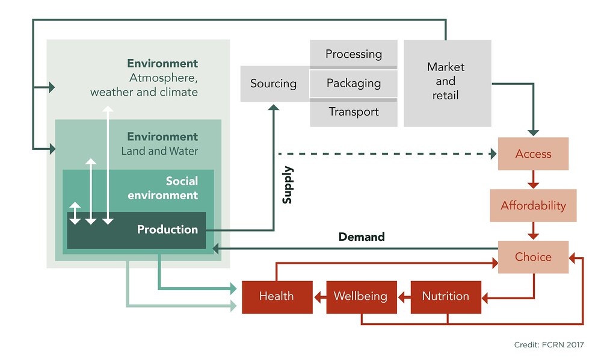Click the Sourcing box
point(274,84)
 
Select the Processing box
point(354,54)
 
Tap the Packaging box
point(354,83)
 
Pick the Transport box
point(354,112)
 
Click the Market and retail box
point(446,81)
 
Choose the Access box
point(533,154)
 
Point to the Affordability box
point(533,206)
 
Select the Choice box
point(533,257)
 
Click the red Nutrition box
point(446,296)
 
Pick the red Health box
point(277,296)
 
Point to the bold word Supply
point(288,185)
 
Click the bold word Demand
point(362,237)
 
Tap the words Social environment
point(181,188)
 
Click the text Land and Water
point(159,151)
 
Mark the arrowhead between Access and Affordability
point(533,185)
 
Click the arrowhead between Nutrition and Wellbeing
point(403,296)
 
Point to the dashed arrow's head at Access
point(493,154)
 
